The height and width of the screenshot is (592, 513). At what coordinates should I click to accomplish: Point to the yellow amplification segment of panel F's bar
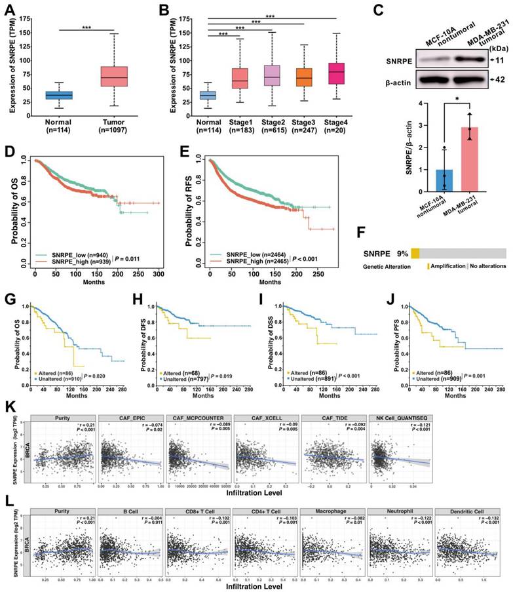click(415, 235)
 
